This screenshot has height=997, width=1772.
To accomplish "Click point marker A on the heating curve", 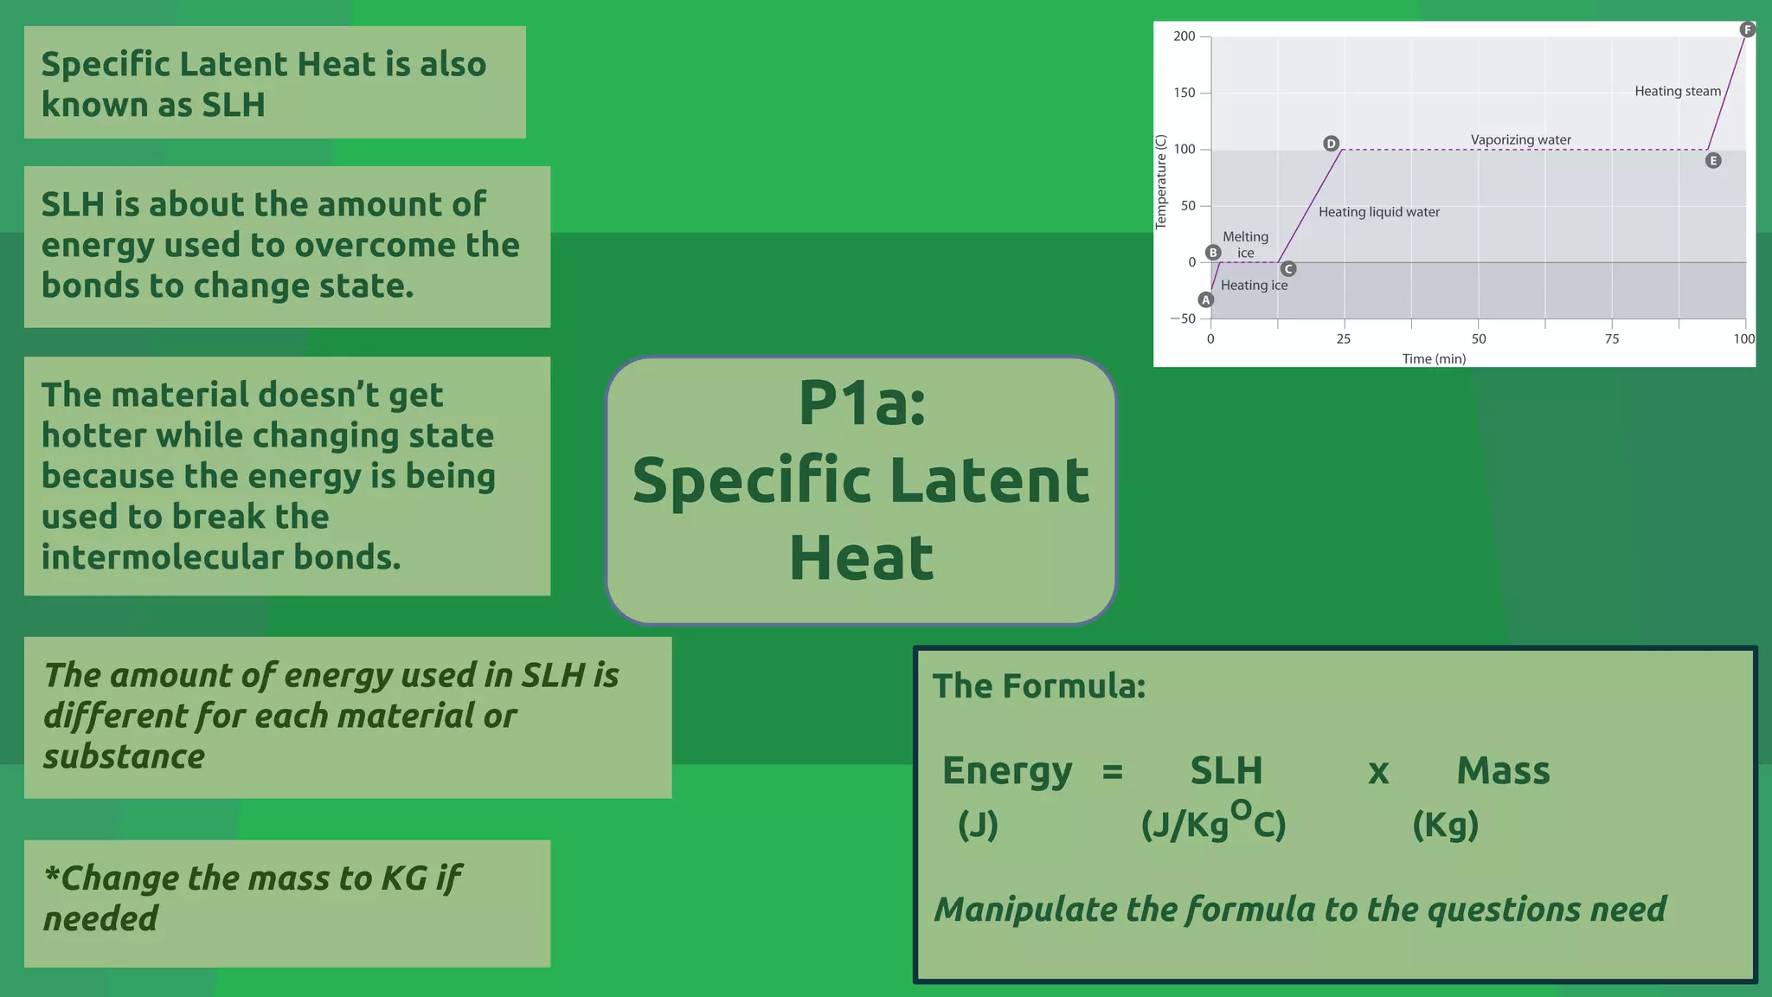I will tap(1206, 300).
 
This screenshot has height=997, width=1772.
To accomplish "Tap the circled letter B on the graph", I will tap(1213, 253).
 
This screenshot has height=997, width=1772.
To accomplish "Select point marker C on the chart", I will tap(1287, 269).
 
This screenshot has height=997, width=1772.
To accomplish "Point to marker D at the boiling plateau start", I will tap(1331, 144).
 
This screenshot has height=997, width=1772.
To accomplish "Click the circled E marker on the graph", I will tap(1713, 161).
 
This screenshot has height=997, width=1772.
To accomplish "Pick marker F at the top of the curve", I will tap(1747, 30).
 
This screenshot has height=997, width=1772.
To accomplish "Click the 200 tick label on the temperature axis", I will tap(1184, 36).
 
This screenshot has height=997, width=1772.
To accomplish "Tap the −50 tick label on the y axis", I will tap(1183, 318).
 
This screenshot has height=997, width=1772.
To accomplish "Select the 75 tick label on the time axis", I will tap(1612, 339).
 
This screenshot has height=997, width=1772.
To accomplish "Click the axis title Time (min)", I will tap(1434, 358).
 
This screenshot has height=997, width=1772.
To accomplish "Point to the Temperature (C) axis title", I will tap(1161, 183).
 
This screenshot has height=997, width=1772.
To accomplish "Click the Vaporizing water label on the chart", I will tap(1520, 140).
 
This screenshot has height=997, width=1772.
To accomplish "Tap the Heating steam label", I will tap(1677, 92).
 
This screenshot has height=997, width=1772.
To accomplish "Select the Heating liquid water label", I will tap(1378, 212).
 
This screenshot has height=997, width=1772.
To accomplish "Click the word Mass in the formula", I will tap(1503, 771).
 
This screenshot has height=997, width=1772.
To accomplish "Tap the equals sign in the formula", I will tap(1113, 771).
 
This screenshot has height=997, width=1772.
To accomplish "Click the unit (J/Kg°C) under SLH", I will tap(1213, 823).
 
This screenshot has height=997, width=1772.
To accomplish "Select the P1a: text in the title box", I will tap(862, 403).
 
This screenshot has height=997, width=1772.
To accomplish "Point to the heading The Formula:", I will tap(1038, 686).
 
